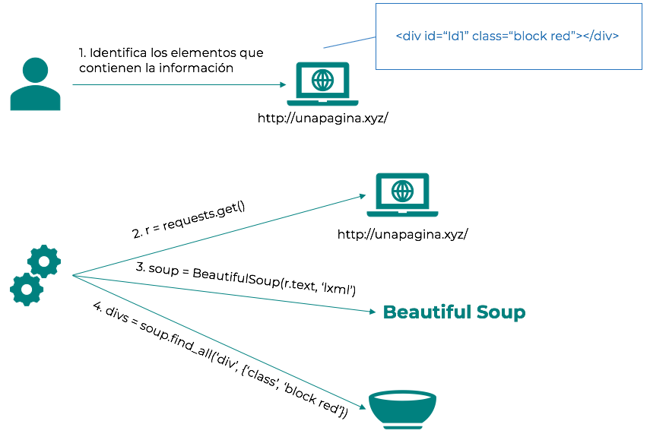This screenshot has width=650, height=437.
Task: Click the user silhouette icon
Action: pos(35,84)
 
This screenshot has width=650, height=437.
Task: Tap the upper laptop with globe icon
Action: pos(322,84)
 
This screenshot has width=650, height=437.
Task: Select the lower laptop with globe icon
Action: pos(403,195)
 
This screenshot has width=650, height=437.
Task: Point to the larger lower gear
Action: pos(27,289)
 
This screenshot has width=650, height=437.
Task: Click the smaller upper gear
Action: pos(44,261)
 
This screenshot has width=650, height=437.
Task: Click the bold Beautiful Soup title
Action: pos(454,312)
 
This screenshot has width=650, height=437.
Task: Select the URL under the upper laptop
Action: pos(323,118)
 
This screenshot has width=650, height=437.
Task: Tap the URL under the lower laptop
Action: pos(402,234)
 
